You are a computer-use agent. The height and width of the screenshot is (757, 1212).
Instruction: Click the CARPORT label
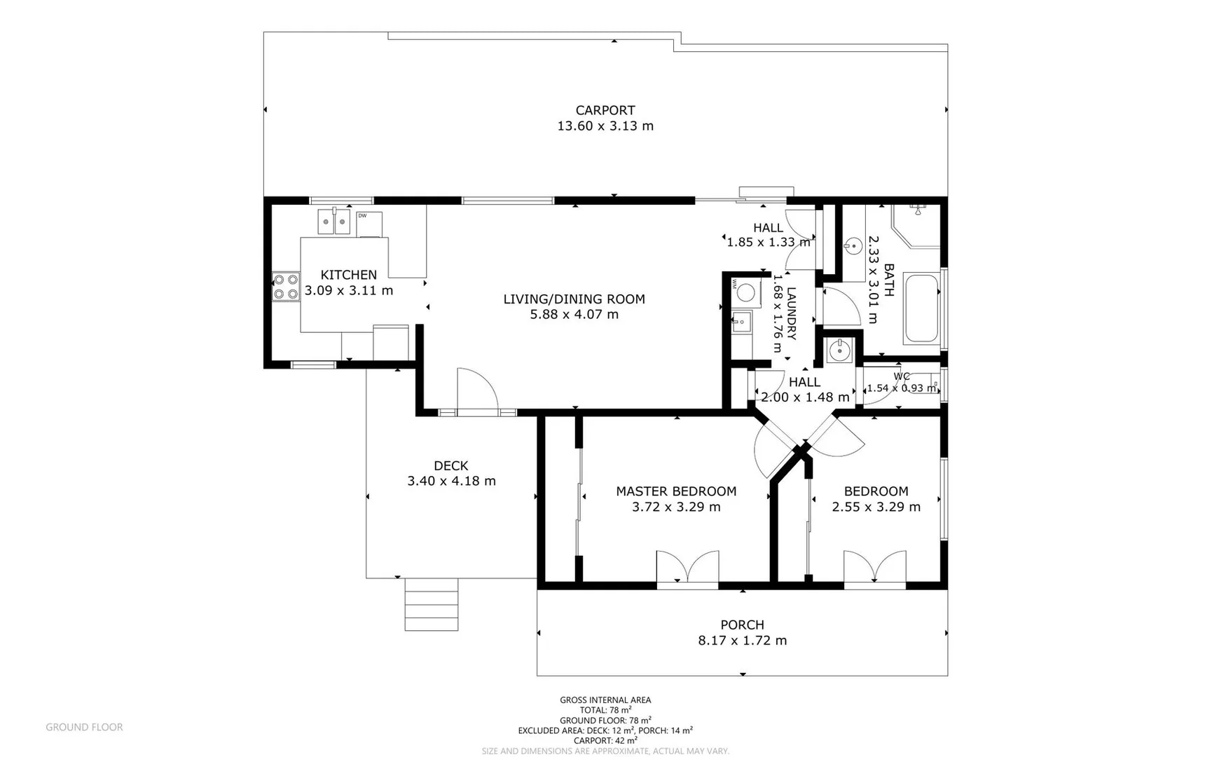[x=605, y=110]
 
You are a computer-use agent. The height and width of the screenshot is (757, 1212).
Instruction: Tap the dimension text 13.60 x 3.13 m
[x=605, y=126]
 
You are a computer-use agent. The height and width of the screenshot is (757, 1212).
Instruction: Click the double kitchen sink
[x=333, y=222]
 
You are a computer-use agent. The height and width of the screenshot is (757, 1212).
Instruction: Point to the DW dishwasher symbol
[x=369, y=224]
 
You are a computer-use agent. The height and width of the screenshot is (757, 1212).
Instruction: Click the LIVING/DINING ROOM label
[x=574, y=299]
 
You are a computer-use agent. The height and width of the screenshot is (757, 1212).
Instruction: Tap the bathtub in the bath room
[x=921, y=308]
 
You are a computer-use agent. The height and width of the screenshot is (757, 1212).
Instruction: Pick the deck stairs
[x=432, y=604]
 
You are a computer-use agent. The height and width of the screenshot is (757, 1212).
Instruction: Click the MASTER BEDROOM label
[x=676, y=491]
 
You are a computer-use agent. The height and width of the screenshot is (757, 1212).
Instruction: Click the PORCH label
[x=742, y=625]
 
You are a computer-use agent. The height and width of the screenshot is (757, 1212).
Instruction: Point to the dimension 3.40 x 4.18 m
[x=451, y=481]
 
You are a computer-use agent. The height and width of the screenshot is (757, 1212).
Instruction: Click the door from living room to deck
[x=477, y=391]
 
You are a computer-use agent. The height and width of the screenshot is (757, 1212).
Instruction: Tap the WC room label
[x=902, y=376]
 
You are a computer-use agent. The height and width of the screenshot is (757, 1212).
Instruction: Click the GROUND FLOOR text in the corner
[x=84, y=727]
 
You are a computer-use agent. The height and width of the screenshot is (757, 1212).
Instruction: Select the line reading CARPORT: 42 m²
[x=605, y=740]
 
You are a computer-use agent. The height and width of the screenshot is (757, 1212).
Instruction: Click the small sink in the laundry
[x=741, y=323]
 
